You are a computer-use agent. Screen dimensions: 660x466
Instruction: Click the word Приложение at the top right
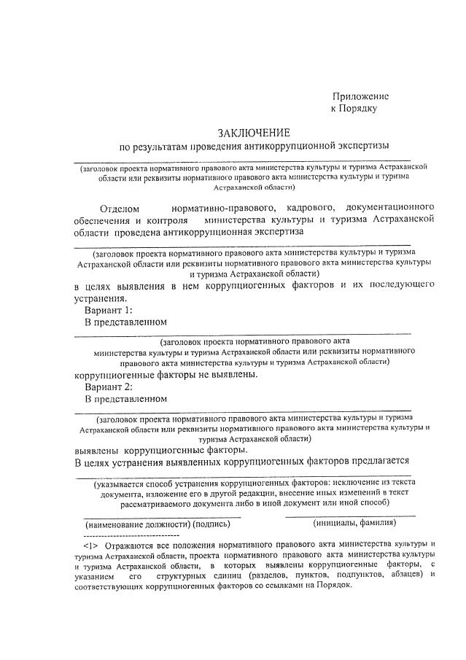tap(360, 96)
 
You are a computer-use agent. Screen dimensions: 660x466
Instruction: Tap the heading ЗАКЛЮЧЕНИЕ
tap(253, 133)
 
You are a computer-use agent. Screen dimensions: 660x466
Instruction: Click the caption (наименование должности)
tap(136, 524)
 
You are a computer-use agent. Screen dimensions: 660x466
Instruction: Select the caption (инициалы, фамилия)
tap(354, 523)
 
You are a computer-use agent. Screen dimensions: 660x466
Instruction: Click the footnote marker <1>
tap(91, 545)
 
